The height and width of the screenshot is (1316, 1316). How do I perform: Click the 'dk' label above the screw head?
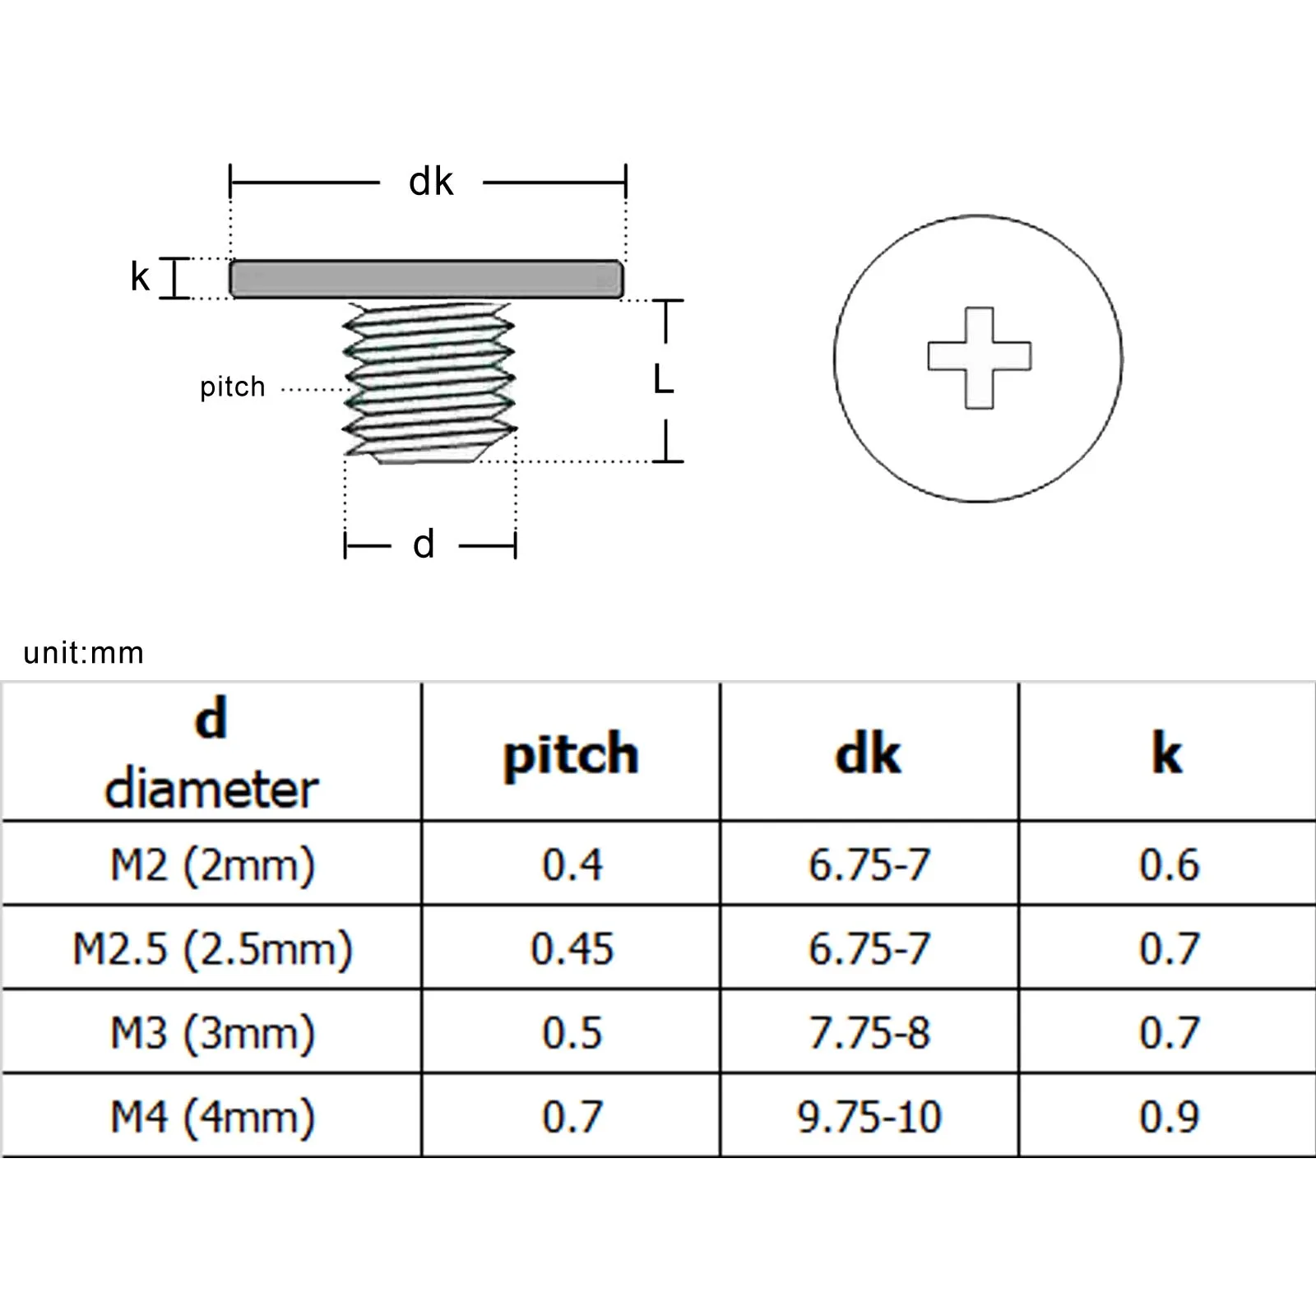click(x=431, y=182)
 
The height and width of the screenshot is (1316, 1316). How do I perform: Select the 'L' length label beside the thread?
click(x=663, y=380)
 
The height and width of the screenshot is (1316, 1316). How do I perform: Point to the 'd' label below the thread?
click(x=424, y=544)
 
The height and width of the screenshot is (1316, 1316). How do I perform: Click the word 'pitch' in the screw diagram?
click(x=233, y=387)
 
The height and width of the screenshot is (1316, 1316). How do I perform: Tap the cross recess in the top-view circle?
click(x=979, y=358)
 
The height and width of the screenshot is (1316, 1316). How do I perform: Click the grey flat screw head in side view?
click(x=426, y=279)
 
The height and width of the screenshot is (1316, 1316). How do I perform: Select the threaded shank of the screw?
click(x=429, y=382)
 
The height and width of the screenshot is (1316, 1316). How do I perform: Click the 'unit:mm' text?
click(x=84, y=653)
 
